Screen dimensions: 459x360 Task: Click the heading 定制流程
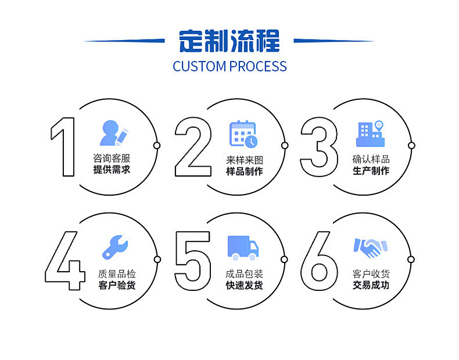[x=229, y=41]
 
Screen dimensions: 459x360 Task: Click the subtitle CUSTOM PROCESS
[x=229, y=66]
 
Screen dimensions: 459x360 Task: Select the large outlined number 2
[x=193, y=146]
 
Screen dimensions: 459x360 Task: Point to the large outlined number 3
[x=319, y=146]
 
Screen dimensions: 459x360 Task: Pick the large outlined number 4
[x=66, y=260]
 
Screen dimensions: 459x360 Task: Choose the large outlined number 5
[x=193, y=260]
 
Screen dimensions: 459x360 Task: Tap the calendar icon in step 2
[x=243, y=134]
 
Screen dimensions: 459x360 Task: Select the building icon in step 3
[x=370, y=134]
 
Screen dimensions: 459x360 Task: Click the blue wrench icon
[x=114, y=247]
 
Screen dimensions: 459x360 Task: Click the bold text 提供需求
[x=112, y=170]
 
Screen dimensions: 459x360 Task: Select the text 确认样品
[x=371, y=159]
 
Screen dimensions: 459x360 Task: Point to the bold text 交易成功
[x=371, y=285]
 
